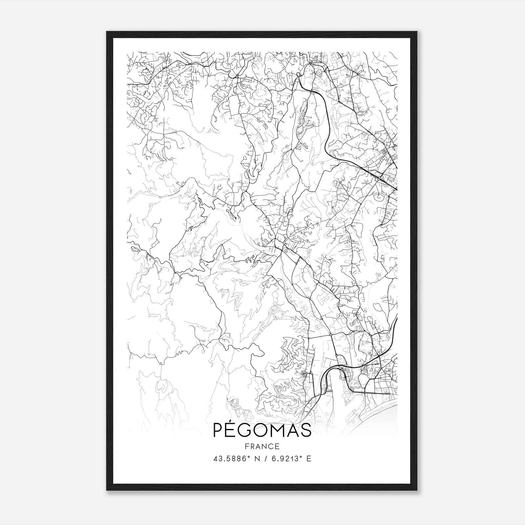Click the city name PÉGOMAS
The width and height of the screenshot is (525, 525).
pyautogui.click(x=262, y=430)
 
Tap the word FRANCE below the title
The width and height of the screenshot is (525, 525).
pyautogui.click(x=262, y=446)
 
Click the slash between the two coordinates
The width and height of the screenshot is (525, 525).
pyautogui.click(x=264, y=459)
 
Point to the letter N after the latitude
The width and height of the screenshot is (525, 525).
pyautogui.click(x=257, y=459)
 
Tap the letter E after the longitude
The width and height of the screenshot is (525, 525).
pyautogui.click(x=308, y=459)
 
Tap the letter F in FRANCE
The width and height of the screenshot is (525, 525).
pyautogui.click(x=247, y=446)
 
